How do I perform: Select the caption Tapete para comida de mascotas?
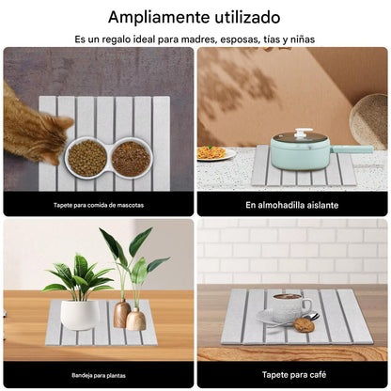(x=98, y=205)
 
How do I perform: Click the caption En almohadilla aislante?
(x=292, y=205)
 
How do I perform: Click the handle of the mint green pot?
(x=353, y=149)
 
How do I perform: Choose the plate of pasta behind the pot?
(x=216, y=152)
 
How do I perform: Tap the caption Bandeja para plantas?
(x=98, y=375)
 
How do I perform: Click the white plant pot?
(x=80, y=314)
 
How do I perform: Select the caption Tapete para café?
(x=292, y=375)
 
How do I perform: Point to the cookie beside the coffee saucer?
(x=304, y=325)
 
